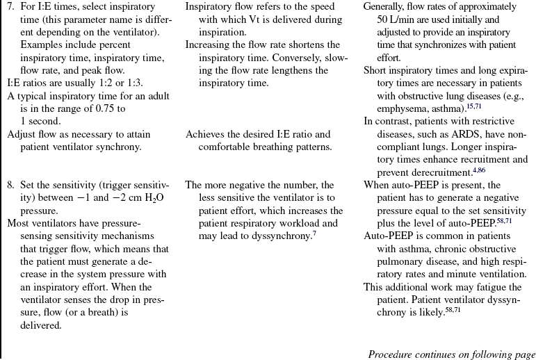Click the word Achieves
click(205, 134)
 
